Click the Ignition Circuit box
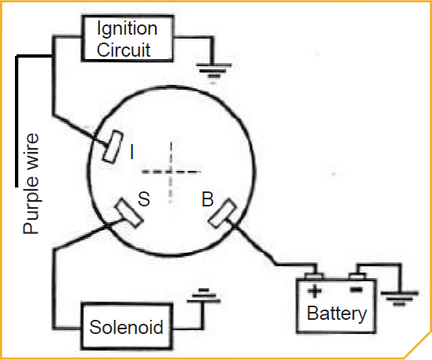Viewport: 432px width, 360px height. (x=127, y=39)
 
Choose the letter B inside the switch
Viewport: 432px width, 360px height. (x=207, y=200)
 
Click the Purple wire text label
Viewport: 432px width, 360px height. (x=31, y=183)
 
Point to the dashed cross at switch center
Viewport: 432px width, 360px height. (x=171, y=171)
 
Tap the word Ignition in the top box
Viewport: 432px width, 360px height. (x=127, y=29)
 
